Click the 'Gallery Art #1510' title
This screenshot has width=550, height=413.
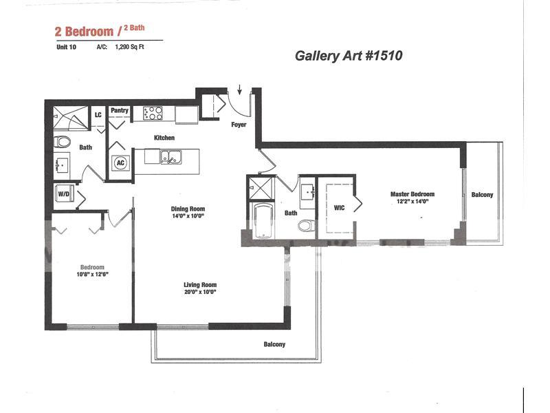point(349,56)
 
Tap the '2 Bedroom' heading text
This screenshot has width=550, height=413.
point(84,32)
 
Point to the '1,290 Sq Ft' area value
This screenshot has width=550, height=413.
point(129,47)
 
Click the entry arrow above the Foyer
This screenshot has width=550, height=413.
point(239,89)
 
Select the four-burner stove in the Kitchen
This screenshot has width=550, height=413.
point(153,114)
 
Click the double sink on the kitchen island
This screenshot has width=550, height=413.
point(170,157)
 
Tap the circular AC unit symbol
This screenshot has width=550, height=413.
point(120,162)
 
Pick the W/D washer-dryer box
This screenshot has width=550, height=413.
point(64,193)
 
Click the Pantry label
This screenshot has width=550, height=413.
point(120,110)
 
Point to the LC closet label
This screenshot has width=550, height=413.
point(98,115)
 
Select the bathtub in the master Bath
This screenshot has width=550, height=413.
point(263,220)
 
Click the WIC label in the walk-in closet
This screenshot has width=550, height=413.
point(339,208)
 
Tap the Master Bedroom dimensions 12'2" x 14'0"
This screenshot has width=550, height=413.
point(412,202)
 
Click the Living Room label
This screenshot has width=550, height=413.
point(200,285)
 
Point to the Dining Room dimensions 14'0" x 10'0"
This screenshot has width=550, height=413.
point(188,215)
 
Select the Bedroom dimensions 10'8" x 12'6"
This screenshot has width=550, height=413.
point(92,274)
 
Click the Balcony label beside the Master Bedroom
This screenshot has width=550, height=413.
point(483,195)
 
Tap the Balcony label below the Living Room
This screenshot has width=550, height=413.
point(274,344)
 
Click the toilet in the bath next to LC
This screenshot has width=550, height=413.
point(62,142)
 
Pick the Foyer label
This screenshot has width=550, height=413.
point(239,125)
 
